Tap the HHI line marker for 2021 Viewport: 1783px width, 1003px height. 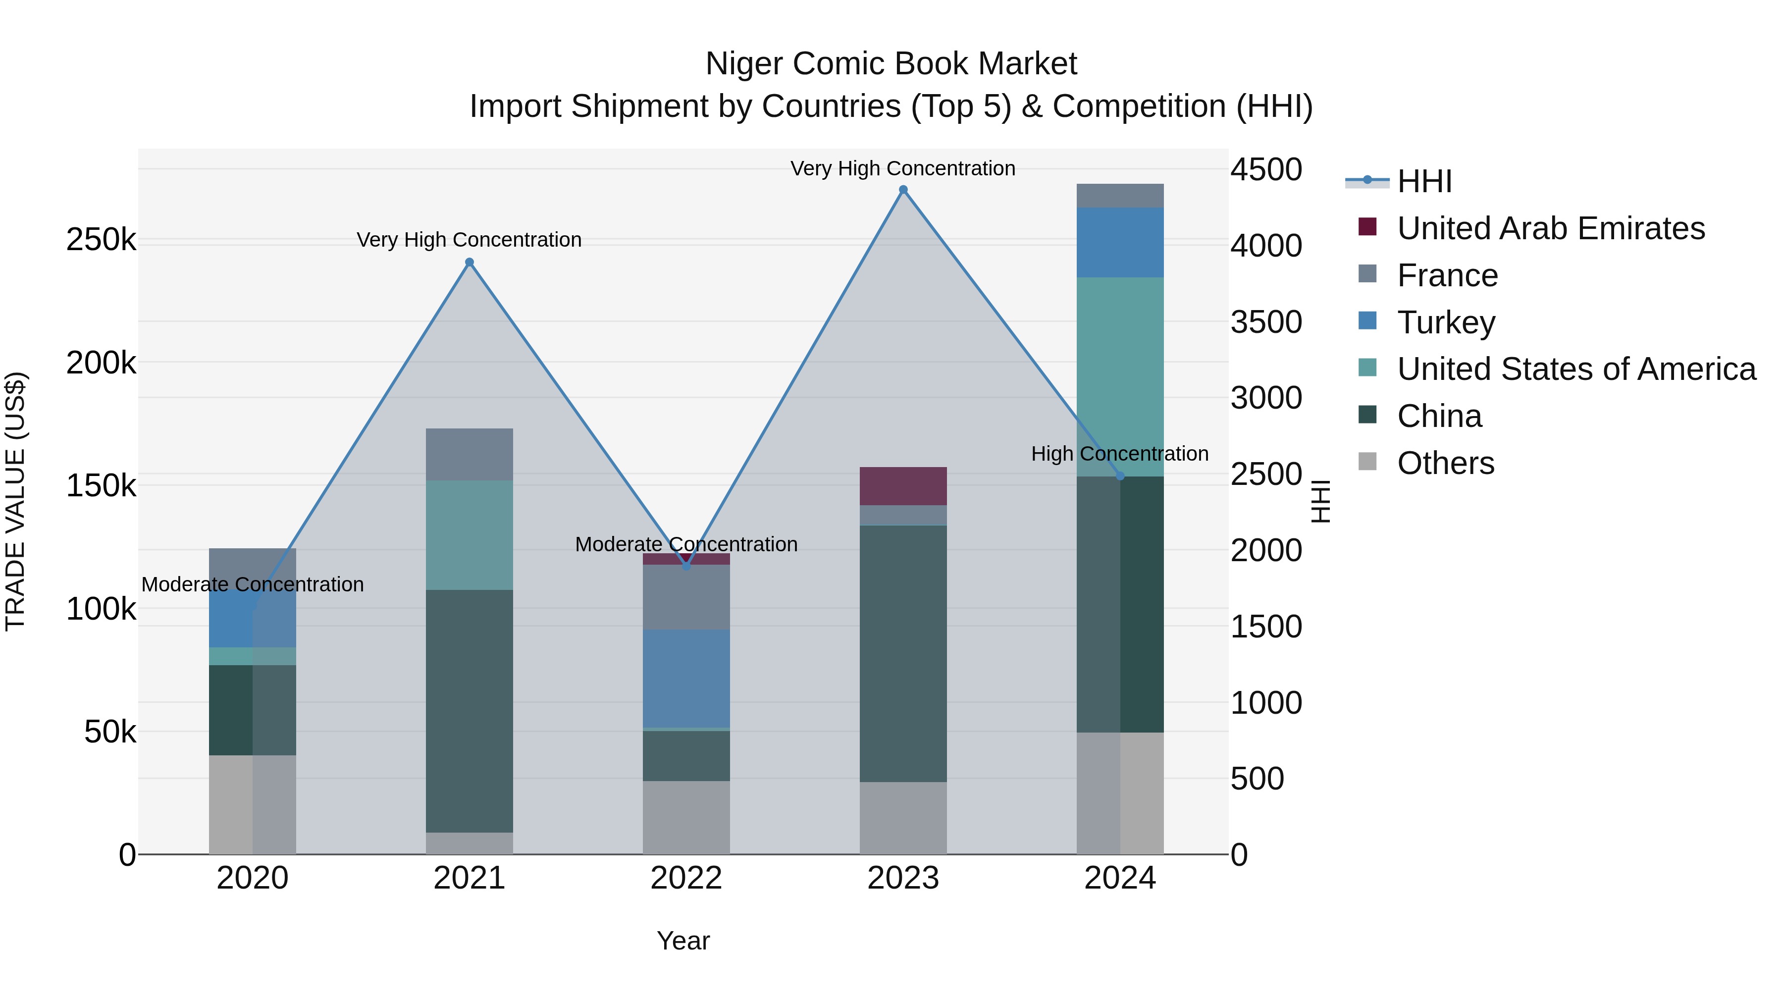tap(470, 263)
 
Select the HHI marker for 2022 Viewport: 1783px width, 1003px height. tap(686, 566)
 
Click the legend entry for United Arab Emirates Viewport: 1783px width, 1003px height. tap(1550, 228)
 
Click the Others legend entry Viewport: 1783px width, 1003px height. tap(1445, 463)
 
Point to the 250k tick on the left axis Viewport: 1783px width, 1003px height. tap(101, 240)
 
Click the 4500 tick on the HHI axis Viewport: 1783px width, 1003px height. tap(1266, 169)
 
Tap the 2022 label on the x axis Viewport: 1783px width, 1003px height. tap(686, 878)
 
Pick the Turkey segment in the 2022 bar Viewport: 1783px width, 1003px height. tap(686, 679)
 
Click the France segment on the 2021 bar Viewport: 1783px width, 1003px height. tap(470, 454)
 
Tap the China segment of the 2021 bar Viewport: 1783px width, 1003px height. tap(470, 710)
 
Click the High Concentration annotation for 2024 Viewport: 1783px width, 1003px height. tap(1119, 454)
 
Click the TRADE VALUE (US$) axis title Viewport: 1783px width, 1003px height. tap(15, 501)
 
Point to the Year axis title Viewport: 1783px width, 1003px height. tap(682, 941)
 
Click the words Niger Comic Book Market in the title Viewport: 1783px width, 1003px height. tap(891, 64)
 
